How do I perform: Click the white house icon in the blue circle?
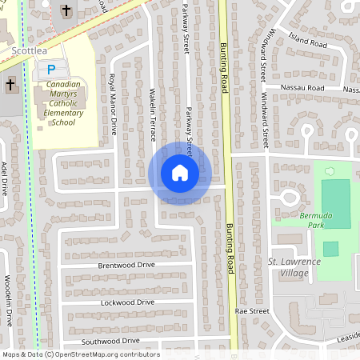click(180, 172)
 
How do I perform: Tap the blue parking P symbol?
click(52, 70)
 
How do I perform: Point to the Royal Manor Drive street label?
click(113, 104)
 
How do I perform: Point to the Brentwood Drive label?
click(126, 265)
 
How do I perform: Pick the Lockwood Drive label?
click(128, 302)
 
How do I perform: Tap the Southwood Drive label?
click(111, 342)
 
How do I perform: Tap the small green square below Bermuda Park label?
click(330, 248)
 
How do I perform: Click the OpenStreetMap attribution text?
click(81, 354)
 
